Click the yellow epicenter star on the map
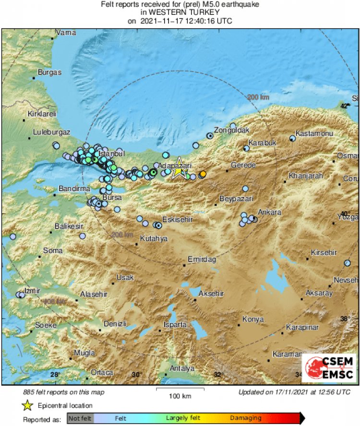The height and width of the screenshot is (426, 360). (x=179, y=170)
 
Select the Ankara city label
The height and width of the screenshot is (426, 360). (x=266, y=211)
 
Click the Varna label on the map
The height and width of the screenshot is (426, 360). (x=66, y=33)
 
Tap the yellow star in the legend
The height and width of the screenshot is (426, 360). (x=27, y=406)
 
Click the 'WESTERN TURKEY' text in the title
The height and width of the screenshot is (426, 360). (x=180, y=13)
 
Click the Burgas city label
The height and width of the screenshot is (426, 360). (x=50, y=73)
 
